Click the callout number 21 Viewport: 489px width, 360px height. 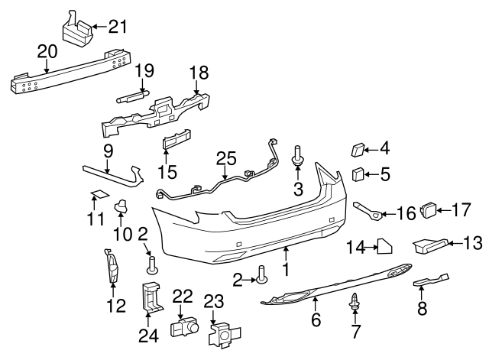(x=117, y=28)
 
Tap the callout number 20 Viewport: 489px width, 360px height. (x=47, y=51)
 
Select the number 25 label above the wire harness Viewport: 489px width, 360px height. (x=225, y=159)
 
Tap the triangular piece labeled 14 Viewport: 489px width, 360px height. (x=384, y=246)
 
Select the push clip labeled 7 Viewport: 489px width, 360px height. (x=354, y=301)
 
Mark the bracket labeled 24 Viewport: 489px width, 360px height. (x=151, y=297)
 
